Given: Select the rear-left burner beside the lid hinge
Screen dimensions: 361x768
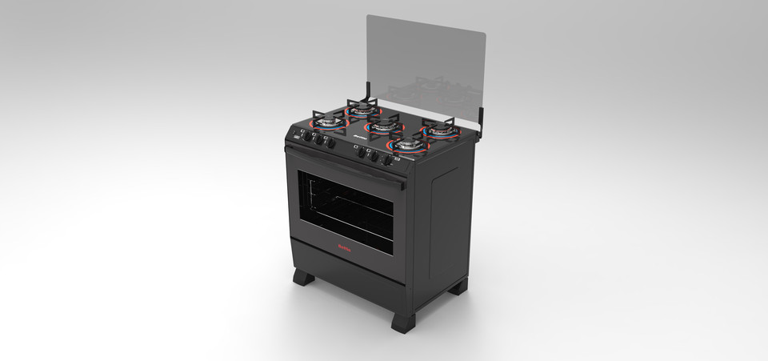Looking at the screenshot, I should coord(362,108).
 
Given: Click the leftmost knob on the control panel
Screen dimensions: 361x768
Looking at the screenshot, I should coord(306,137).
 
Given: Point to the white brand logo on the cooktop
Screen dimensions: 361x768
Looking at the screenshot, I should coord(357,145).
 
